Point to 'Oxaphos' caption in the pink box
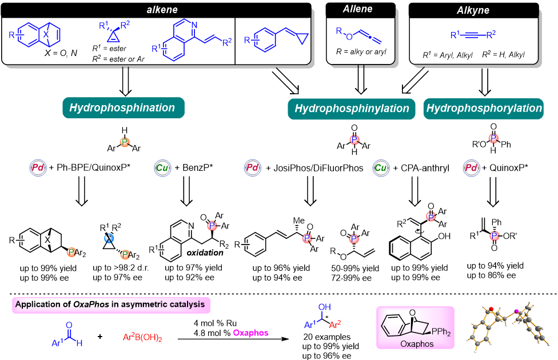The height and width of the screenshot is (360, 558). click(416, 345)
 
